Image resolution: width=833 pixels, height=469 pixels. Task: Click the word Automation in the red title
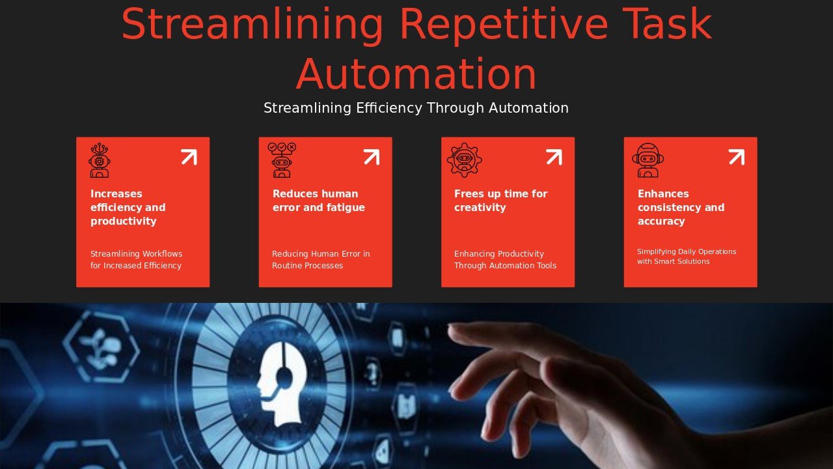tap(416, 74)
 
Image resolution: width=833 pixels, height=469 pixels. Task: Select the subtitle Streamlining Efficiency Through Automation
tap(416, 108)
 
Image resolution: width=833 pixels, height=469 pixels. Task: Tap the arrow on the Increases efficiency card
tap(189, 157)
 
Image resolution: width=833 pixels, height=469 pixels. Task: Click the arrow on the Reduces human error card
tap(372, 157)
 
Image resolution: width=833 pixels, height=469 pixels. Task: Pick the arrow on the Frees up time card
tap(554, 157)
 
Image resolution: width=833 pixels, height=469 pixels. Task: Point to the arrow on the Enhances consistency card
tap(737, 157)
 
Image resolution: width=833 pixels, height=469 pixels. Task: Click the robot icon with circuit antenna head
tap(100, 160)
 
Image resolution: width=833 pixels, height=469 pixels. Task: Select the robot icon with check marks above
tap(282, 160)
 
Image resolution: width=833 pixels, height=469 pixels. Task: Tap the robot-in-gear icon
tap(465, 160)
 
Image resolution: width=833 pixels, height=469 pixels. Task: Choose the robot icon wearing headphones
tap(648, 160)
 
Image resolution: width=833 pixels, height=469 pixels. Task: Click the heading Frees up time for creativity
tap(501, 201)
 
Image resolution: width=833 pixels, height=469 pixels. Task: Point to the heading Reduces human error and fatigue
tap(319, 201)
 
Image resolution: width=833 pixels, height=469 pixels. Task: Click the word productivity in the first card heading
tap(124, 221)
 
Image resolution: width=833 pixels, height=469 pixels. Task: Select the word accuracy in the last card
tap(661, 221)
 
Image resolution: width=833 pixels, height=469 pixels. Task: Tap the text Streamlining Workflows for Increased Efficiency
tap(136, 259)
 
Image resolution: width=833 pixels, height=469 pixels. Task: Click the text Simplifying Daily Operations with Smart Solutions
tap(687, 257)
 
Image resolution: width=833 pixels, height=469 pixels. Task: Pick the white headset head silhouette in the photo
tap(282, 384)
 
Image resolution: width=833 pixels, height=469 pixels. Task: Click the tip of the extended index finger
tap(451, 327)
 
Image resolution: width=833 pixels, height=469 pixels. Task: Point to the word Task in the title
tap(667, 24)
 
